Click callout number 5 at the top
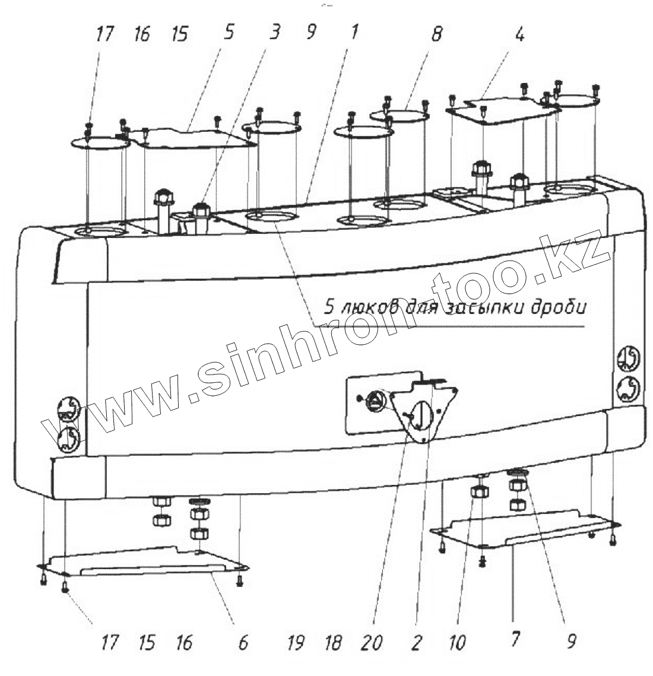(x=229, y=34)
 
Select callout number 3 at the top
(x=274, y=34)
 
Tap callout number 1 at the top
(x=354, y=33)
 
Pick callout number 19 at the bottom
(x=296, y=643)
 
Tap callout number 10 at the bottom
(x=458, y=643)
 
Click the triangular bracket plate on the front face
(x=423, y=410)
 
